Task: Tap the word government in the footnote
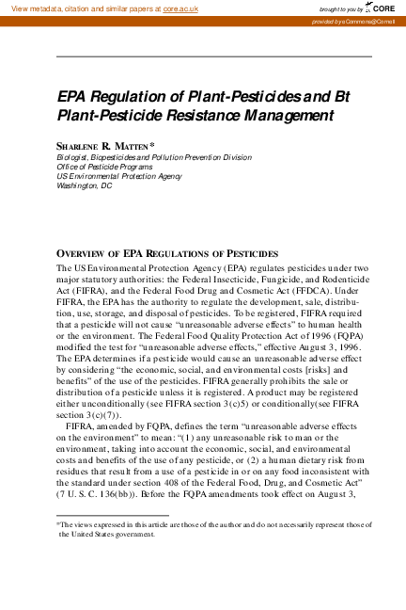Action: pos(132,534)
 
